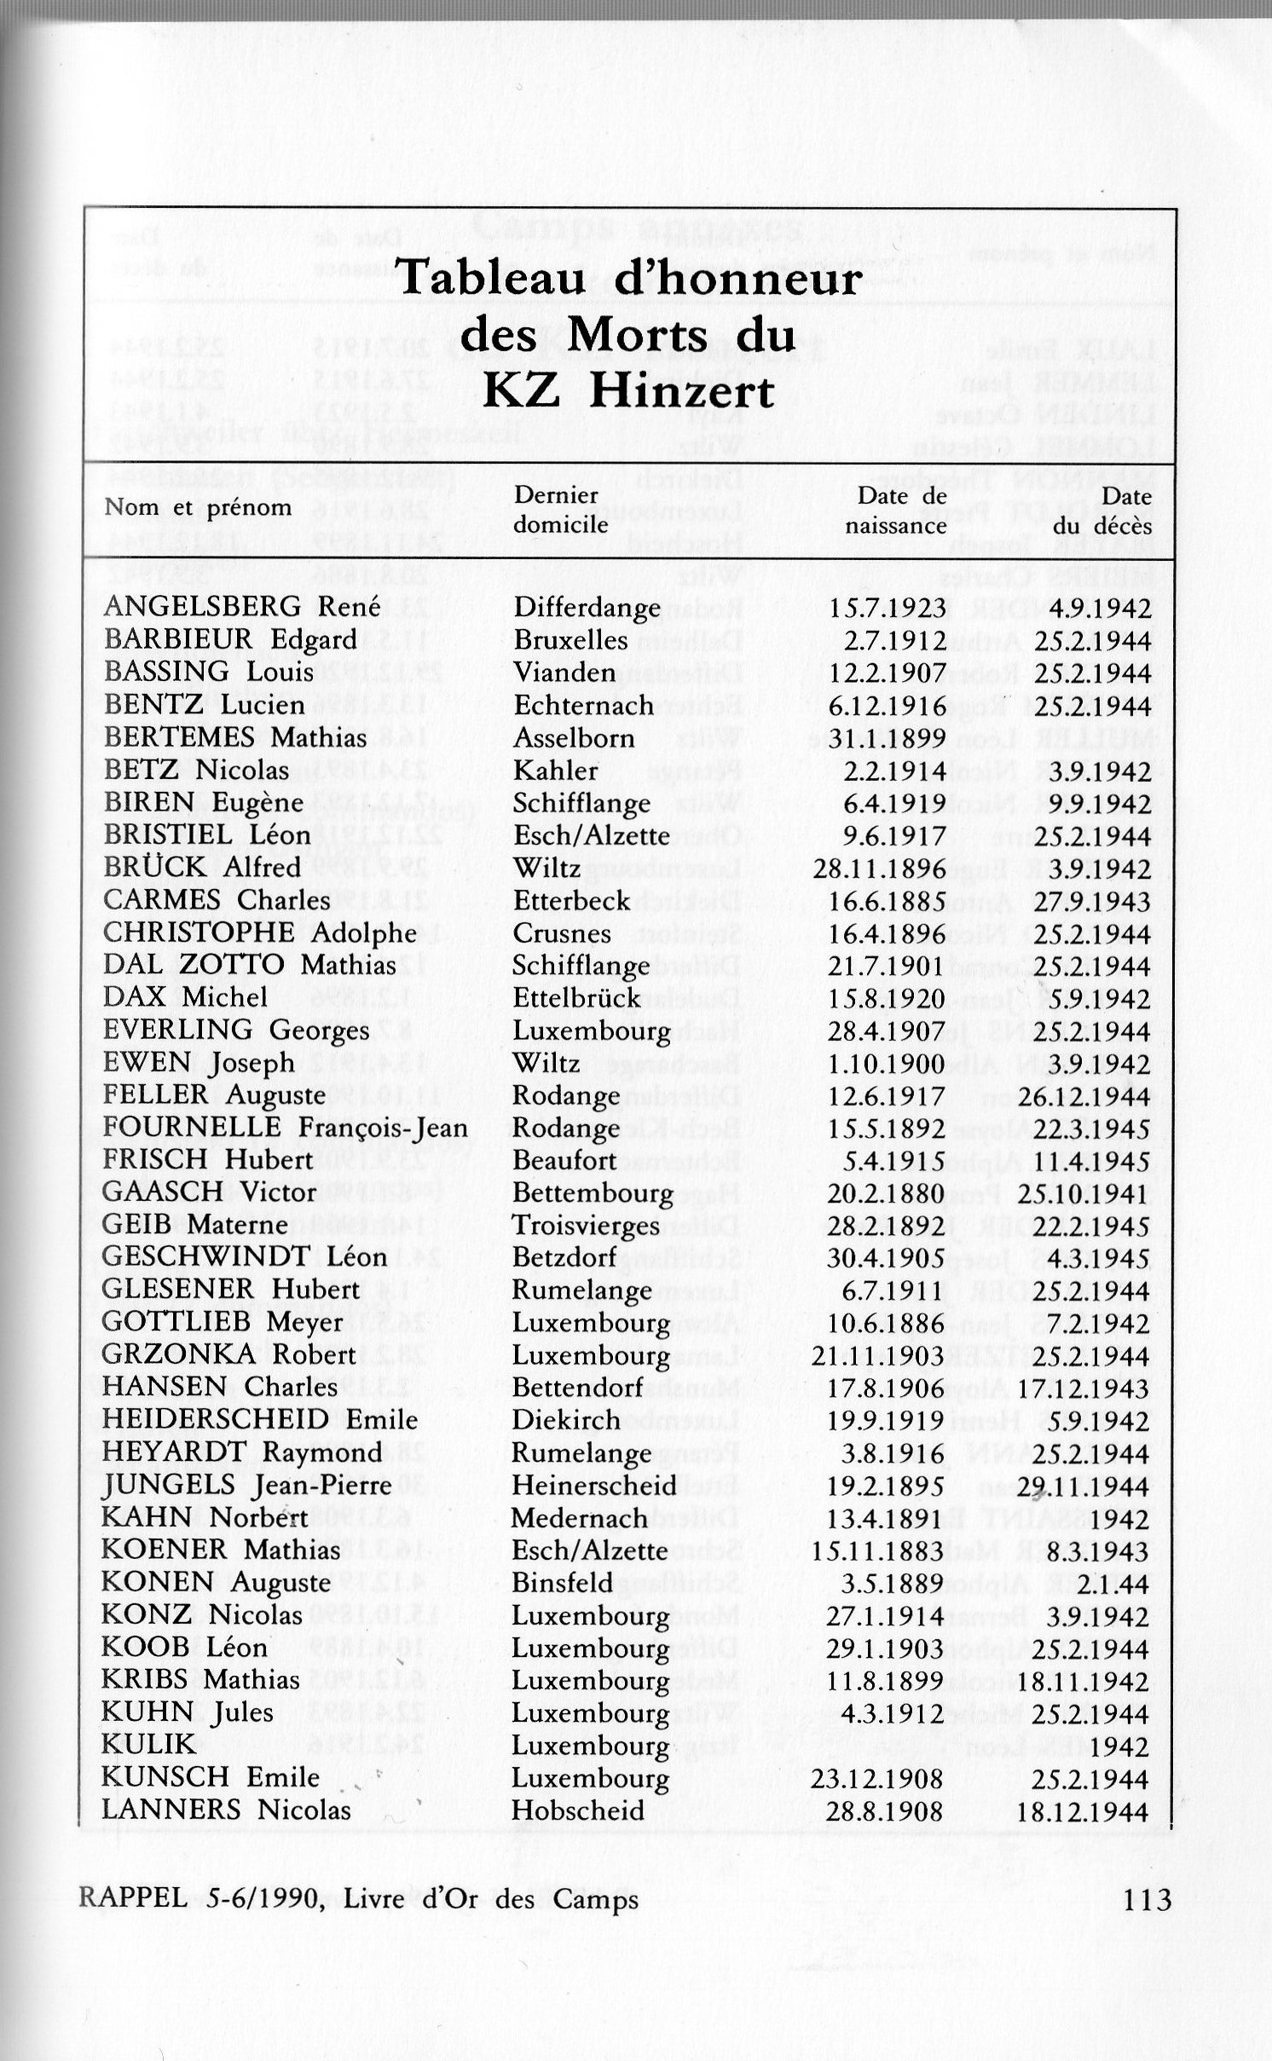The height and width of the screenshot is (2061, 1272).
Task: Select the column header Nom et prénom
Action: (198, 507)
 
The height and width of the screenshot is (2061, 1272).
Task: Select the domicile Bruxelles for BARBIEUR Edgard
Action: (570, 640)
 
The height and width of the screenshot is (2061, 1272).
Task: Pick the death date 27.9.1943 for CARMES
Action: (1093, 900)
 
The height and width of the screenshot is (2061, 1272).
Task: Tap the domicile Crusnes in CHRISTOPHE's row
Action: (562, 933)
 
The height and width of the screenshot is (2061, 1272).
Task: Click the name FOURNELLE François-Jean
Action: (285, 1128)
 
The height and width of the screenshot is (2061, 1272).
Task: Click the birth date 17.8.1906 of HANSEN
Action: (886, 1388)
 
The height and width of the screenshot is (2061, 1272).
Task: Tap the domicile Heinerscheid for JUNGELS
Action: (594, 1486)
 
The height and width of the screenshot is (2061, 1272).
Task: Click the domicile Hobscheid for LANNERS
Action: (578, 1810)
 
